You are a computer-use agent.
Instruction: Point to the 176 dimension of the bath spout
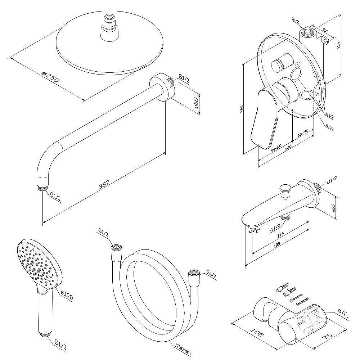tap(280, 234)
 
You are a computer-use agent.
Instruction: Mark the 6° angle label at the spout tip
tap(258, 231)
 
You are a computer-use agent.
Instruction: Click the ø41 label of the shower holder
tap(343, 314)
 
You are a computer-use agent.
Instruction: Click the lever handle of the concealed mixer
tap(266, 115)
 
